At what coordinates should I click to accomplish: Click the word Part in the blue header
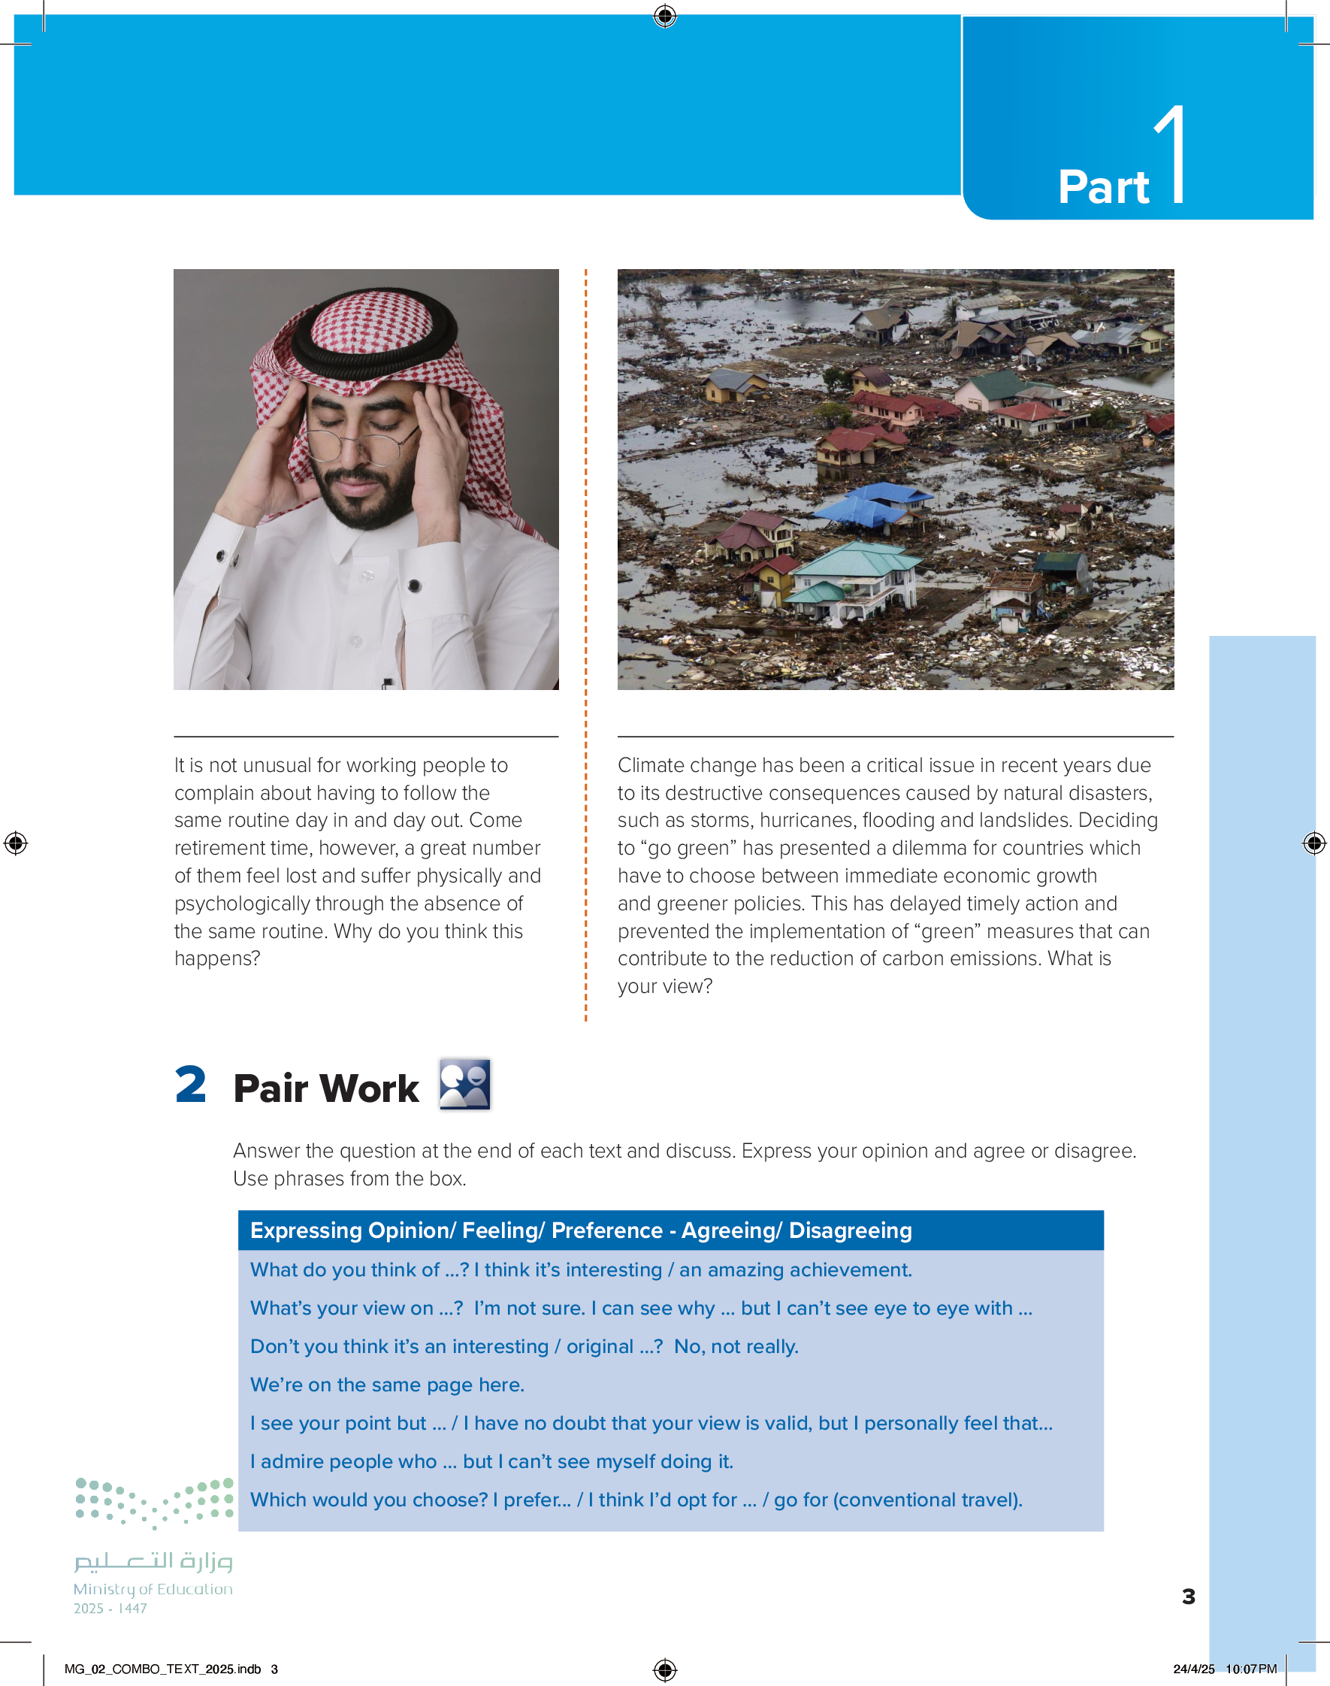tap(1102, 188)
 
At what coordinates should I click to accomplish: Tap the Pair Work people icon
tap(464, 1084)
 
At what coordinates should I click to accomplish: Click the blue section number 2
tap(191, 1085)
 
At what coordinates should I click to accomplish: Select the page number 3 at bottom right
tap(1188, 1597)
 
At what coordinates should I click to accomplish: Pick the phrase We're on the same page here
tap(387, 1385)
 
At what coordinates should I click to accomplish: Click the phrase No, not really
tap(736, 1346)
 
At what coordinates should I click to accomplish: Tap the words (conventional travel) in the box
tap(926, 1500)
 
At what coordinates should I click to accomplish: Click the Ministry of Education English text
tap(153, 1588)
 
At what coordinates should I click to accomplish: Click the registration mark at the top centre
tap(665, 16)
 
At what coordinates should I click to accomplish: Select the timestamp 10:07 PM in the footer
tap(1250, 1669)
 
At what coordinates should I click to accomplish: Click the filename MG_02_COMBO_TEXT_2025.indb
tap(162, 1669)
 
